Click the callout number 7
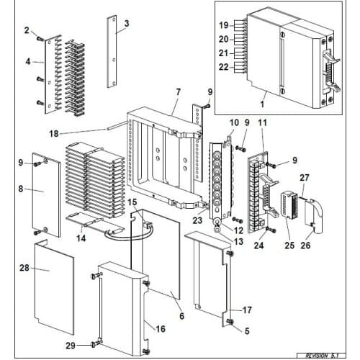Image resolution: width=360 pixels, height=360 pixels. coord(178,92)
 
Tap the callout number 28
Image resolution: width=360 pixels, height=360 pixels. coord(24,268)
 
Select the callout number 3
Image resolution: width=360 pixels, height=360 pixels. coord(127,24)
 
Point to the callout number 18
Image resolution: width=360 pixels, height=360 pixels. coord(54,134)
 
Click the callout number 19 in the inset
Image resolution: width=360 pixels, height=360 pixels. coord(224,25)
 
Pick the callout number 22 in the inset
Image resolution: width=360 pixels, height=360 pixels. coord(224,67)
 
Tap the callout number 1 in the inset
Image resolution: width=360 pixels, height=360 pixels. coord(262,104)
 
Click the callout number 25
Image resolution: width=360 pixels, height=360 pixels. coord(289,245)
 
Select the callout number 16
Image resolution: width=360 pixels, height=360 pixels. coord(161,328)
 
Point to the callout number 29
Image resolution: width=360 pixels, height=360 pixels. coord(71,346)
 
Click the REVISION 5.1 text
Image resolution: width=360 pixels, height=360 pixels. coord(321,356)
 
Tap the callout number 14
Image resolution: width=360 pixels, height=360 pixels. coord(81,238)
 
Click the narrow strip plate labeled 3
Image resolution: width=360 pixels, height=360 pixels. coord(112,52)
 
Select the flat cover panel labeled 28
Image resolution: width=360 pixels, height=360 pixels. coord(54,288)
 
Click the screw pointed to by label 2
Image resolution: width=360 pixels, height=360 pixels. coord(40,38)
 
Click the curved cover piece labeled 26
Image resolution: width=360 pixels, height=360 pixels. coord(314,216)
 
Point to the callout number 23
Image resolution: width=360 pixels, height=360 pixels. coord(197,220)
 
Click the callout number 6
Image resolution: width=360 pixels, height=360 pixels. coord(181,316)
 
